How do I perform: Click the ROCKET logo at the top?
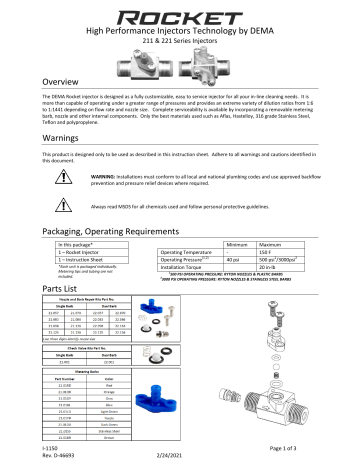pos(180,14)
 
